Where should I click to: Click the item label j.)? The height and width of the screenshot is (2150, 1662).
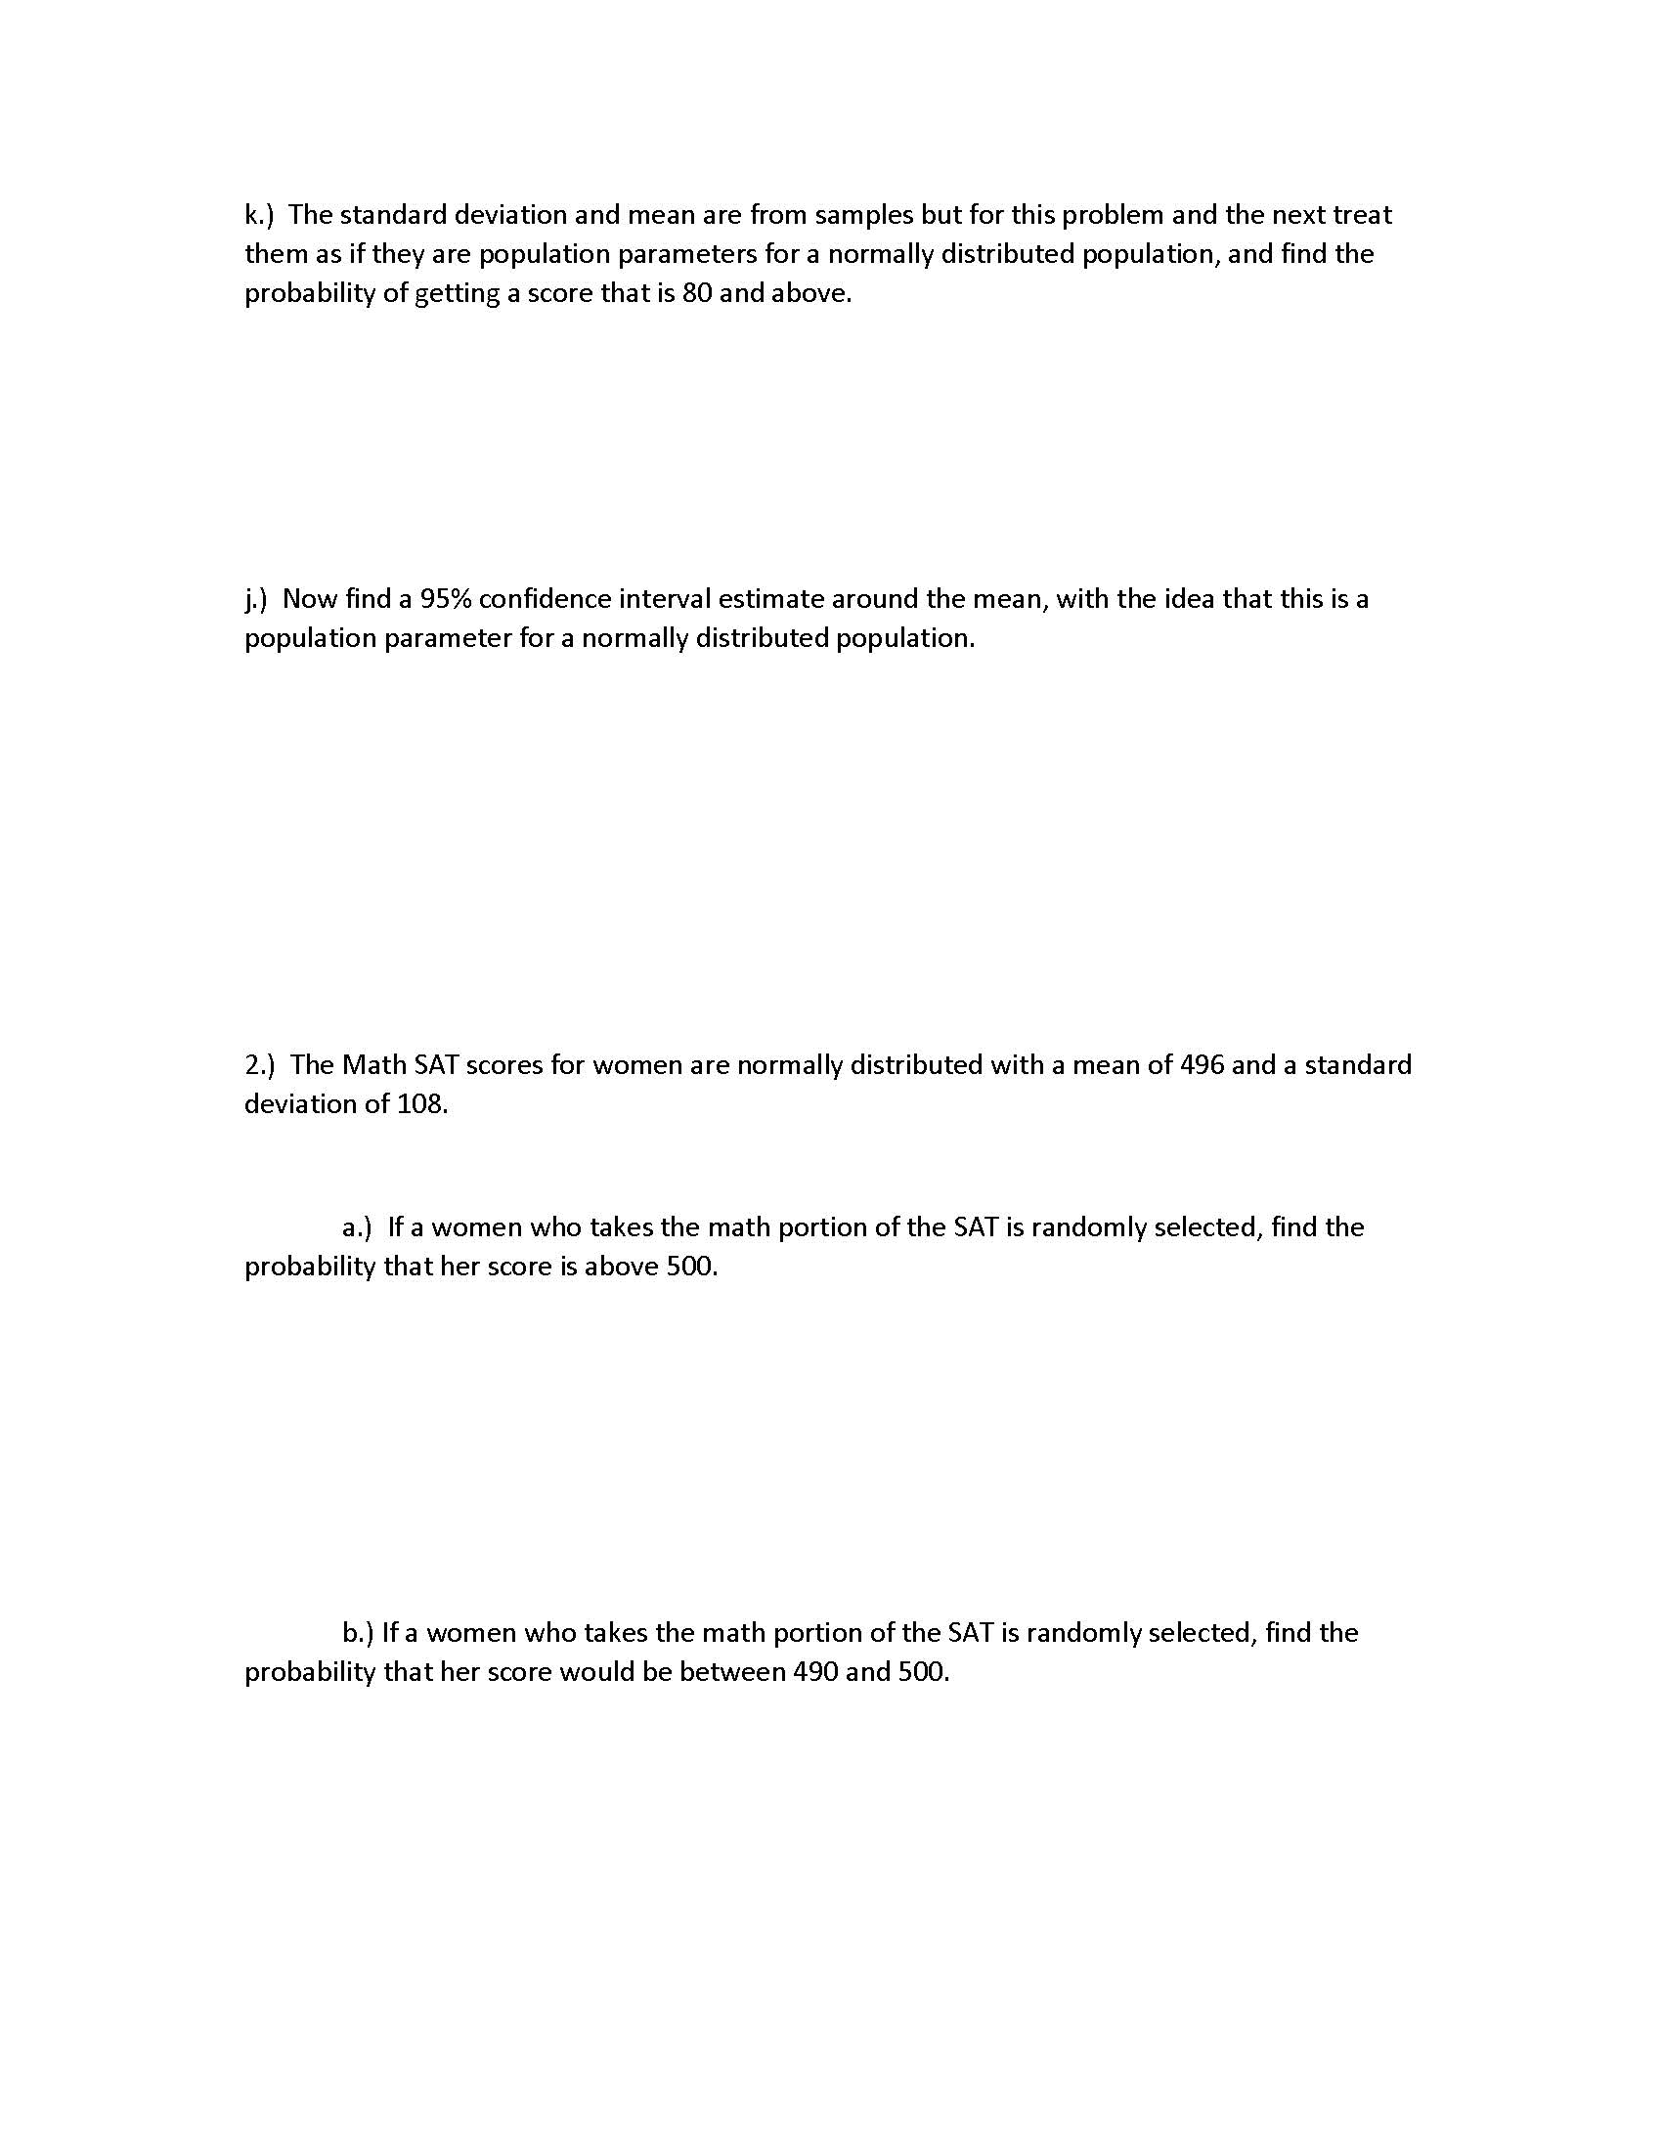(256, 598)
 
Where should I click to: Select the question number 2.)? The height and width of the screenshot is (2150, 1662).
(260, 1064)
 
